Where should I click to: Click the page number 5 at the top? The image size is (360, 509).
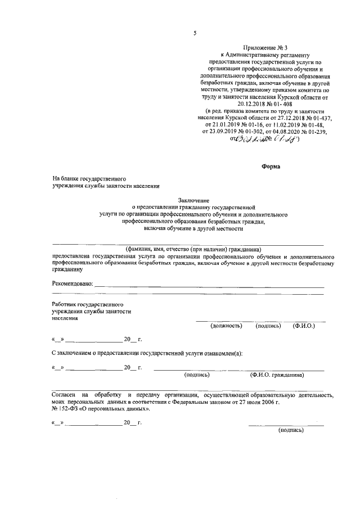click(x=195, y=33)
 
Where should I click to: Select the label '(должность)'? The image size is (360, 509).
click(x=226, y=326)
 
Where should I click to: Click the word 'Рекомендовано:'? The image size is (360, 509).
click(x=72, y=284)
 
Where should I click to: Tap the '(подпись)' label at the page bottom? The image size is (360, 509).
click(x=291, y=430)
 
